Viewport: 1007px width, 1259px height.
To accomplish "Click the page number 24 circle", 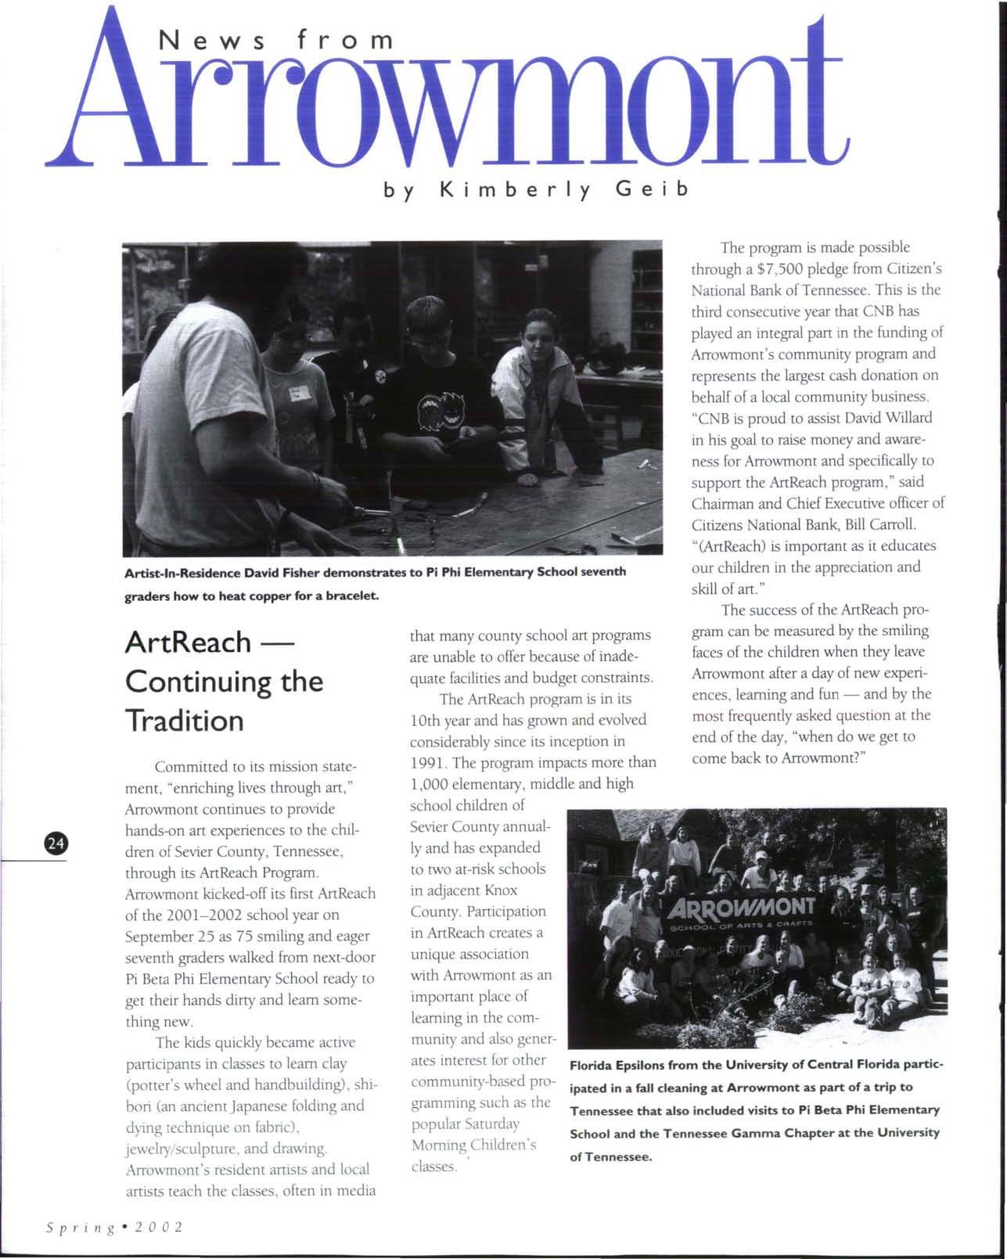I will [x=55, y=843].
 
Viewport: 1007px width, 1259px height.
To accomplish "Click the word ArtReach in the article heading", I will [x=188, y=642].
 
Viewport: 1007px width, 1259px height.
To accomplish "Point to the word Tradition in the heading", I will [x=185, y=721].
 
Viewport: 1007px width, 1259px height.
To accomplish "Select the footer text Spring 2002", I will [x=114, y=1226].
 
